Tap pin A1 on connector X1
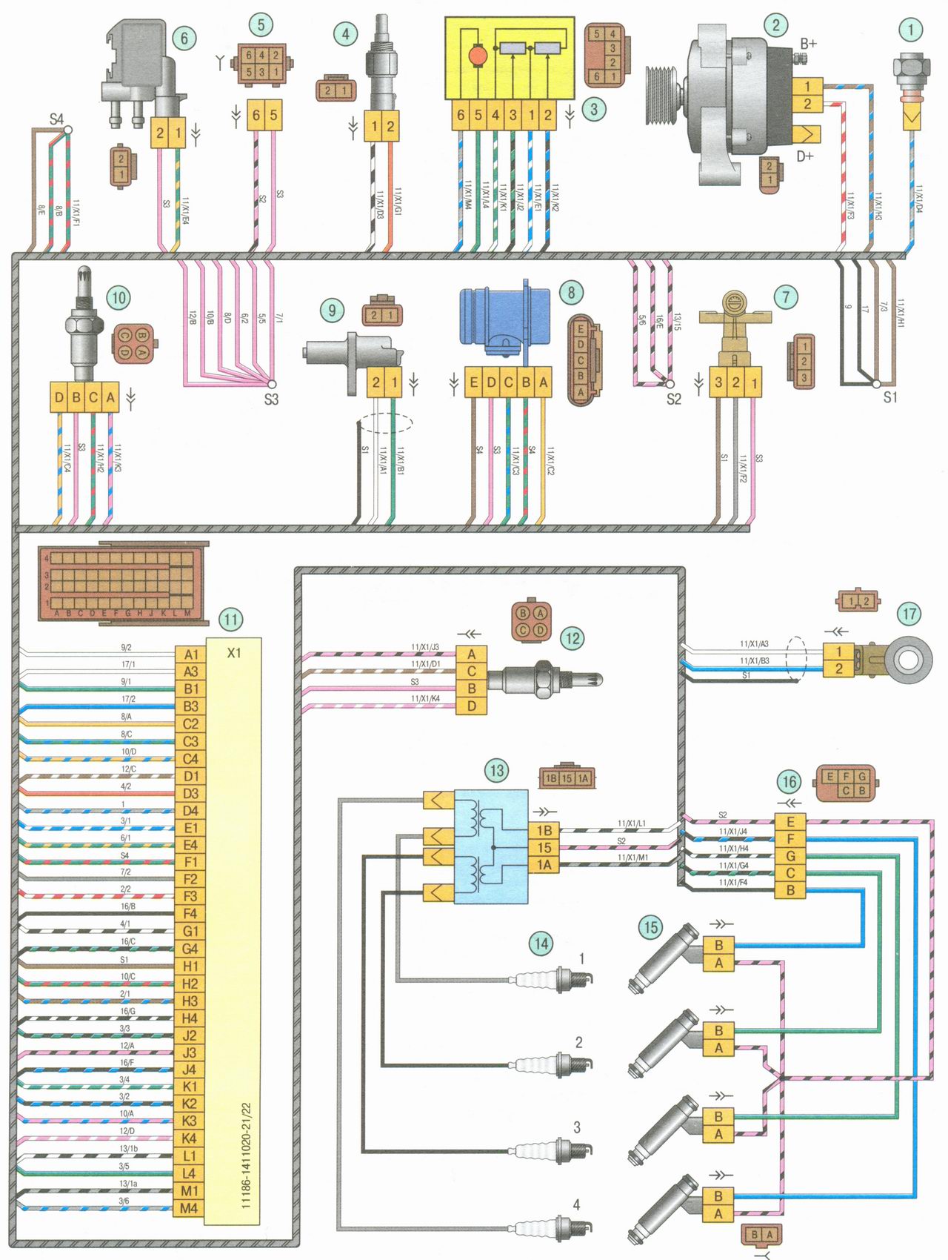tap(190, 654)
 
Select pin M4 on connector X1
tap(190, 1208)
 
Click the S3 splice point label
tap(271, 399)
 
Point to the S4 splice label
tap(56, 119)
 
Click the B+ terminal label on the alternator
tap(807, 44)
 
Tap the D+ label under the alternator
tap(805, 156)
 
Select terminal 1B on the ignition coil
tap(544, 830)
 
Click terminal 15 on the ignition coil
tap(544, 847)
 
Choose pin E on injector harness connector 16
tap(790, 821)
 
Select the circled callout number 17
tap(909, 614)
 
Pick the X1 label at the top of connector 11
tap(234, 653)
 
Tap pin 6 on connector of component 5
tap(256, 115)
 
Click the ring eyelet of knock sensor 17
tap(908, 659)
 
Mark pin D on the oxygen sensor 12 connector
tap(472, 706)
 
